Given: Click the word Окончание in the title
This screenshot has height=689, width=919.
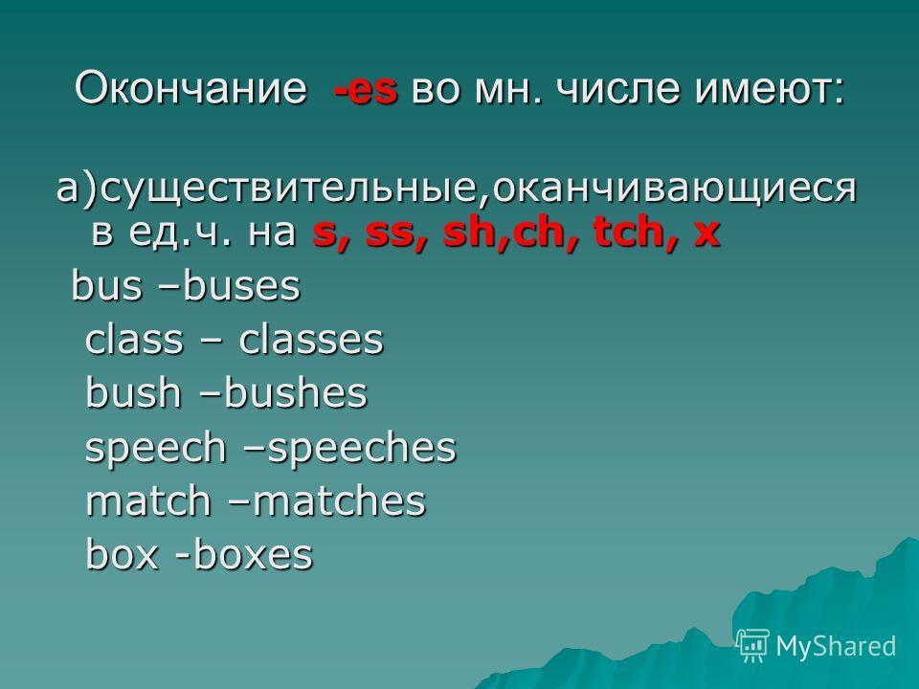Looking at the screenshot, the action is coord(191,89).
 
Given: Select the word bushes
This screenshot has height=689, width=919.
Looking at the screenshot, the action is coord(295,392).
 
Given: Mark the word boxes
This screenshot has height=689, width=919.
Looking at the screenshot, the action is coord(253,554).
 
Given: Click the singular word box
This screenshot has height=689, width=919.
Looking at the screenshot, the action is coord(122,554).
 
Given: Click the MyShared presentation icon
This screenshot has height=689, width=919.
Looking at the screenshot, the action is coord(752,646).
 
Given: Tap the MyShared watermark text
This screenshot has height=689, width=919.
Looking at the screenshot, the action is coord(836,647).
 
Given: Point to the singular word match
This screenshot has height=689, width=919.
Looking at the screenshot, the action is coord(147,501).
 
